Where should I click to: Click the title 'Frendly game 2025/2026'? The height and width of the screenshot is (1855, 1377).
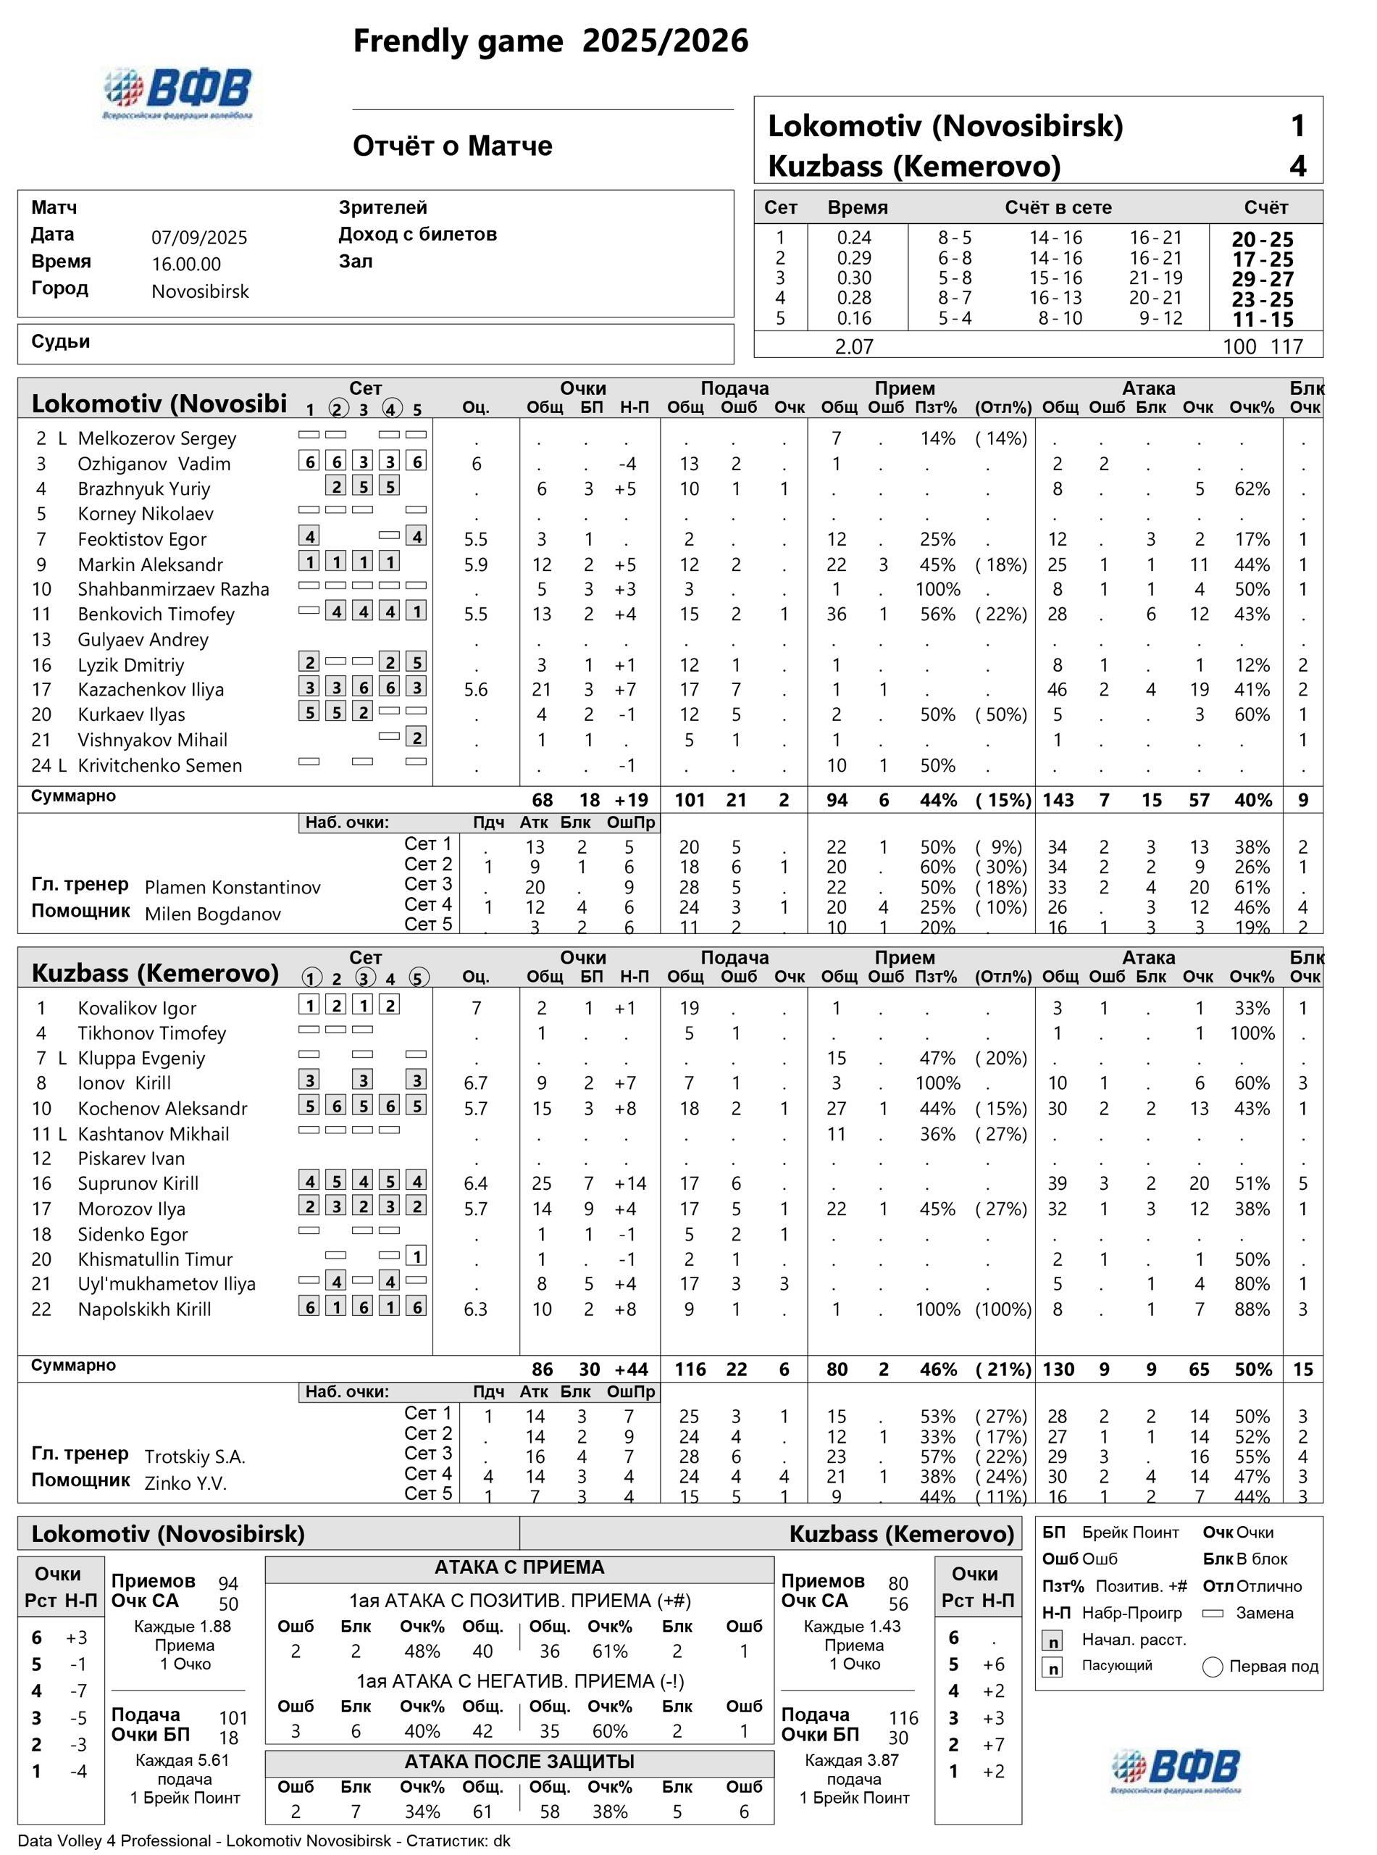coord(550,41)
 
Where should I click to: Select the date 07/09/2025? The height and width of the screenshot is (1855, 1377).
coord(199,238)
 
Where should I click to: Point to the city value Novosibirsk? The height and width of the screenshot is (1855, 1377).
coord(200,292)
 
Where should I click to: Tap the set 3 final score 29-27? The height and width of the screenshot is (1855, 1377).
coord(1263,279)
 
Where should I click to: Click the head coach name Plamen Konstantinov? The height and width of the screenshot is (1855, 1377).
coord(233,888)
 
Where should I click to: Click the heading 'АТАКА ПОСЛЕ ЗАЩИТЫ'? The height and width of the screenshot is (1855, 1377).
coord(519,1762)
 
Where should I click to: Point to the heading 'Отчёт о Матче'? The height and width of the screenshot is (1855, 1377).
coord(453,146)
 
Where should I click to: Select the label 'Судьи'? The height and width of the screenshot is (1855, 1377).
coord(61,342)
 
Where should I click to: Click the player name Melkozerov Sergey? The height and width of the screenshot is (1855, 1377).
coord(156,438)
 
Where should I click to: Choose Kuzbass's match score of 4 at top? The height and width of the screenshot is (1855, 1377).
coord(1298,166)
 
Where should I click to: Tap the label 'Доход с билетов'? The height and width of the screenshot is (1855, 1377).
coord(418,234)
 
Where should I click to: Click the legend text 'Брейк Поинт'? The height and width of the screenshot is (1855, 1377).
coord(1130,1533)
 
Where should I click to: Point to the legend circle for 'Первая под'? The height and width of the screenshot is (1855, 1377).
coord(1213,1667)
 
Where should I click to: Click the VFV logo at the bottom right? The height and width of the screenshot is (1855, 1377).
coord(1176,1770)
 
